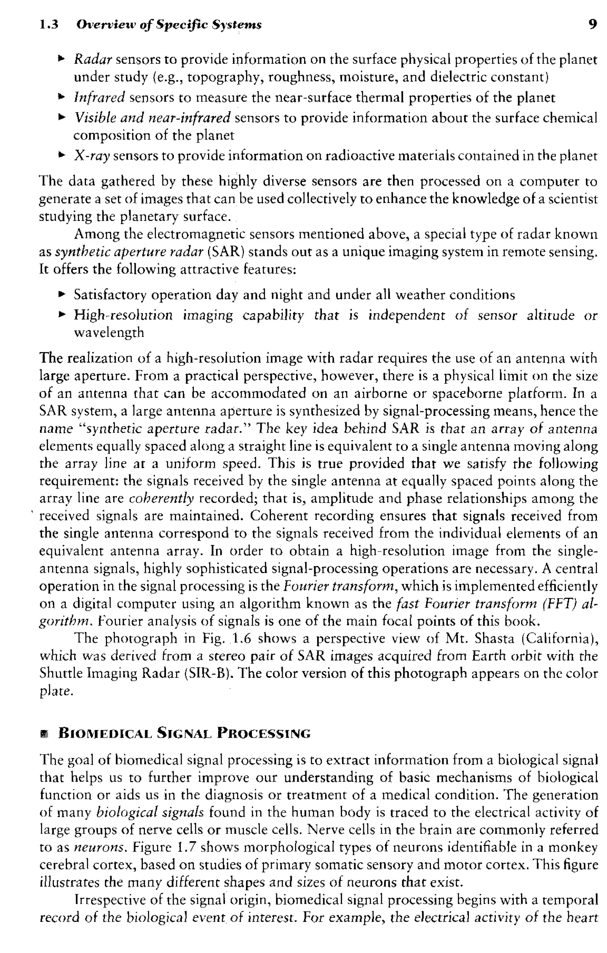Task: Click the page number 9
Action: [592, 25]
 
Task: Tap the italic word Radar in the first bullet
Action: [93, 60]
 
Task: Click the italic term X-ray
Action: [91, 156]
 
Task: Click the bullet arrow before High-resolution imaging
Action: [61, 315]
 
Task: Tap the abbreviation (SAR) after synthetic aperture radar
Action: [226, 252]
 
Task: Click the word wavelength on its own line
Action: [109, 332]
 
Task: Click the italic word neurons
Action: [101, 848]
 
